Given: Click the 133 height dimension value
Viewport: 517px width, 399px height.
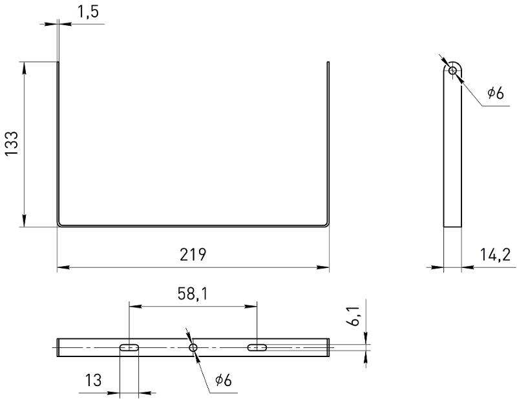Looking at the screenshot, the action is (12, 144).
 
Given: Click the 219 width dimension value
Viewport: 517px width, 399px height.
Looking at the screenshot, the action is (193, 254).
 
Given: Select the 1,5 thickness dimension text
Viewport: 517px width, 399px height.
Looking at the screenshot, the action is (88, 12).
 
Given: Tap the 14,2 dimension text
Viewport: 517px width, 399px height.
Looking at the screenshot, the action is (495, 254).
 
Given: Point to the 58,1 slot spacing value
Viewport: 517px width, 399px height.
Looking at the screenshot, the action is (193, 294).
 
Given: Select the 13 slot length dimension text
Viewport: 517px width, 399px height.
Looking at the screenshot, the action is (93, 380).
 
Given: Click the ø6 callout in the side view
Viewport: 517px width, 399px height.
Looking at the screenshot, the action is (496, 93).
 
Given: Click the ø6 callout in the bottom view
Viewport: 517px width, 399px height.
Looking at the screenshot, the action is (224, 380).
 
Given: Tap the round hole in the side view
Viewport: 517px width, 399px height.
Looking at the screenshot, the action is (453, 70).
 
